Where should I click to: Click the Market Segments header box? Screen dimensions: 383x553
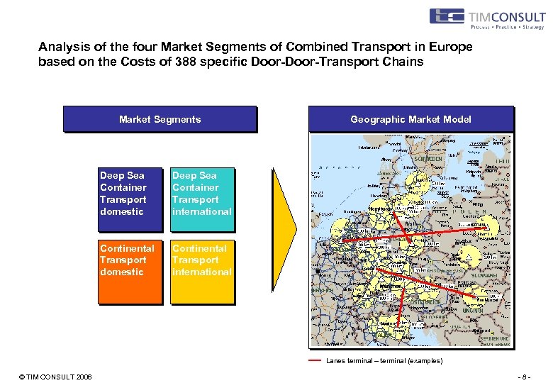[x=160, y=119]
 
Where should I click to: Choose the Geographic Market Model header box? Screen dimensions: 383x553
[x=410, y=119]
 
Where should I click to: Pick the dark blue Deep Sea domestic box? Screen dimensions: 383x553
[x=130, y=200]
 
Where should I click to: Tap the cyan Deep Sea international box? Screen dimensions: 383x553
[x=202, y=200]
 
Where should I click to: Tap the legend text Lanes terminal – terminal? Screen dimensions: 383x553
[x=384, y=361]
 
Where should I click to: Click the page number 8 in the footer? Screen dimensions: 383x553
[x=523, y=375]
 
